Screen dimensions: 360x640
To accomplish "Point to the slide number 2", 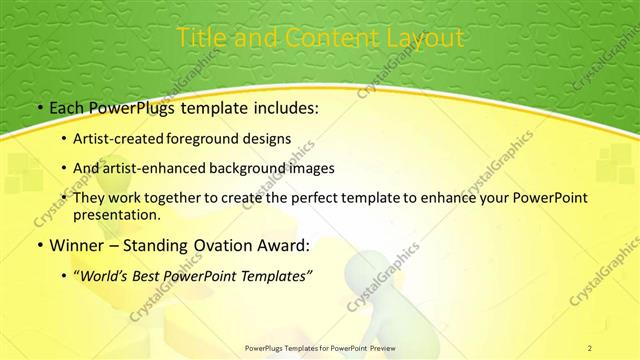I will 590,348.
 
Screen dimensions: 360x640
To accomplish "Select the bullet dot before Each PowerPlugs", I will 38,108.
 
